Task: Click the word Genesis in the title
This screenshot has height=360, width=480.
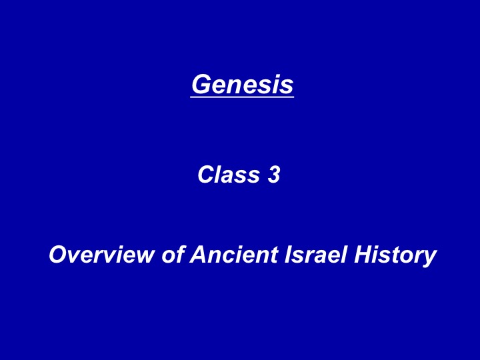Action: click(243, 84)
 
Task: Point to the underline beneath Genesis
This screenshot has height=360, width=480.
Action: click(242, 97)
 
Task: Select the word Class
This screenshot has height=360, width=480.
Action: click(229, 175)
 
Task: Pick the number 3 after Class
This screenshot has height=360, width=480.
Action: click(274, 175)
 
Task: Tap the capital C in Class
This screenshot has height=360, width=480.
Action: click(207, 175)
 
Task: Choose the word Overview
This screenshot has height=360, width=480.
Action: click(101, 255)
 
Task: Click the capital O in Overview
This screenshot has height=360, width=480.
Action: click(59, 255)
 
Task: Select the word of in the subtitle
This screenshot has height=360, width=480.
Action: click(173, 255)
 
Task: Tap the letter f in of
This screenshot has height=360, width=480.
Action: click(180, 255)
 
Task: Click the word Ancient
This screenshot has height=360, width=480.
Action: click(234, 255)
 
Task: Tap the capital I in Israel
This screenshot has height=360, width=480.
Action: click(289, 255)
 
